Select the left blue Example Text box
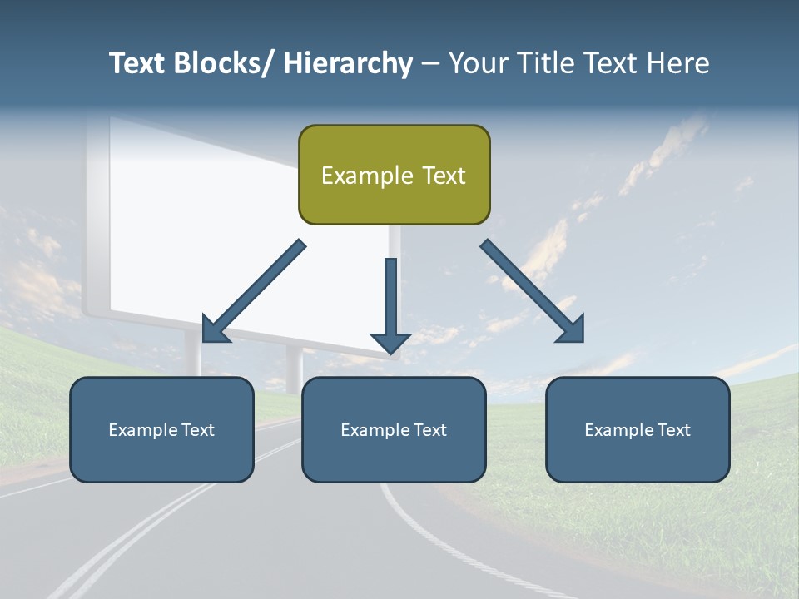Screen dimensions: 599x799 (161, 429)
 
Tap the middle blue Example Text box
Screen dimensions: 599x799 (394, 429)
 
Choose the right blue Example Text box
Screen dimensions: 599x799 (638, 429)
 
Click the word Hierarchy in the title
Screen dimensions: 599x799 (348, 63)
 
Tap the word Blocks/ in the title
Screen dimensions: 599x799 (221, 63)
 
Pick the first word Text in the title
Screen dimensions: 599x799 (137, 63)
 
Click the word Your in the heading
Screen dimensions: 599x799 (478, 63)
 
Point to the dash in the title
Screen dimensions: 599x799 (430, 64)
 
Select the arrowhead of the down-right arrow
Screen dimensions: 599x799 (570, 329)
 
